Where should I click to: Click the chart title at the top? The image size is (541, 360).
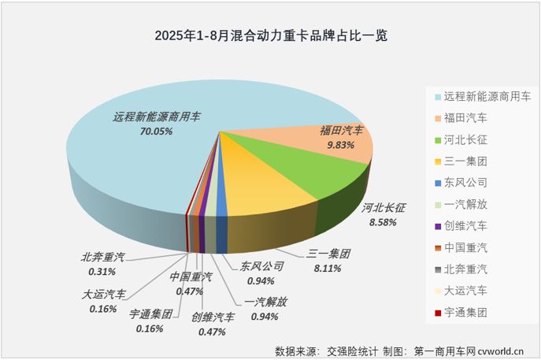point(271,35)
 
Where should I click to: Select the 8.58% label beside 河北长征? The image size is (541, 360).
point(384,224)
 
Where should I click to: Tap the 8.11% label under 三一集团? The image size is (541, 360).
point(328,269)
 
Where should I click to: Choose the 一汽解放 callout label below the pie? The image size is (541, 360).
point(265,302)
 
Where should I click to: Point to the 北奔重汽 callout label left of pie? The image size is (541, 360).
point(102,257)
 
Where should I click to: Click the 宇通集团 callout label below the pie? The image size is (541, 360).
point(151,314)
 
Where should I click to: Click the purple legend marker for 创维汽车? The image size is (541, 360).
point(437,226)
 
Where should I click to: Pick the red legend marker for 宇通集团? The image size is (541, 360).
point(437,313)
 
